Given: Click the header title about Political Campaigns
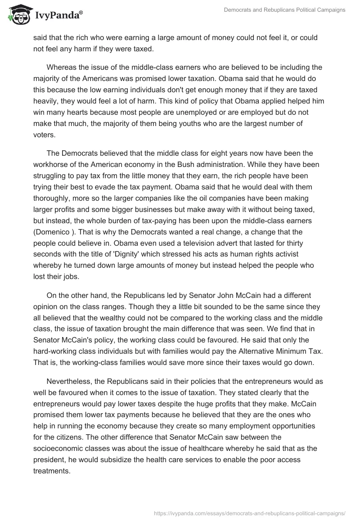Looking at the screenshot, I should click(x=284, y=10).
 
